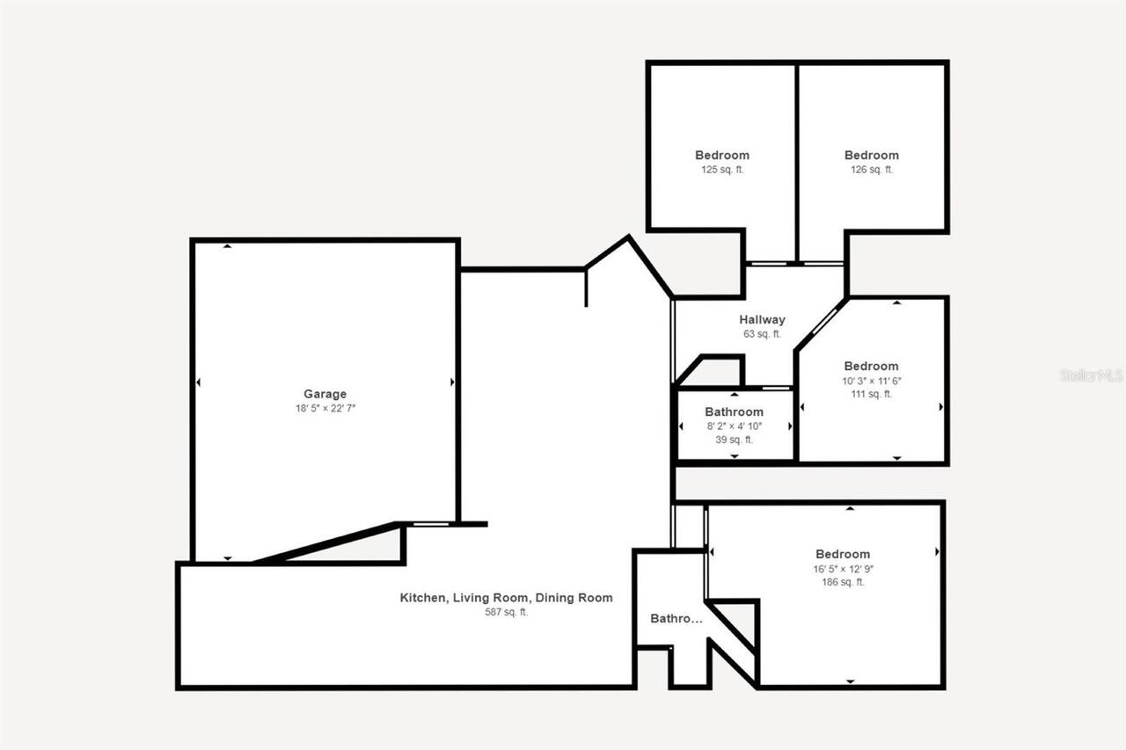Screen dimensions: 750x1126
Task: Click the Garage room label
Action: (x=325, y=394)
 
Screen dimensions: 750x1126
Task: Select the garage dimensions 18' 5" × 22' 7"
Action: (x=325, y=408)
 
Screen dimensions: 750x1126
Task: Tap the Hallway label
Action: (x=762, y=320)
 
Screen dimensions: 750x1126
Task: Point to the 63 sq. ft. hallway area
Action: (x=762, y=334)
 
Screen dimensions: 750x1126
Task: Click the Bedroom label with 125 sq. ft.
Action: (x=722, y=156)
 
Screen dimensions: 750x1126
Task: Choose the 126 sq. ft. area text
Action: (x=871, y=170)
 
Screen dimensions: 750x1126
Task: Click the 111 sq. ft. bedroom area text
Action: (x=871, y=394)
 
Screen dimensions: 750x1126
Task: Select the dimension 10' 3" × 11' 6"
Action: (x=871, y=381)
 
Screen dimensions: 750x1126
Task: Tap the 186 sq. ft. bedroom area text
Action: (x=843, y=581)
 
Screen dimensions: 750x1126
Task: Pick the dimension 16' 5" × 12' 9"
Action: (x=843, y=568)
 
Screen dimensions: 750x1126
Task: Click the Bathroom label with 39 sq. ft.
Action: (x=734, y=411)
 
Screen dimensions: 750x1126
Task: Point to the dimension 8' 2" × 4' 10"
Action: (x=734, y=426)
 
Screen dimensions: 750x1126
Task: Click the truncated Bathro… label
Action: (x=676, y=619)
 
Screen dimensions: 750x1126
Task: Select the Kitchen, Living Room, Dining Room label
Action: (x=506, y=598)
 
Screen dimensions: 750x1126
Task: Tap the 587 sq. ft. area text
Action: (x=506, y=612)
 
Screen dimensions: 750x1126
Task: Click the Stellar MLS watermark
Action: (x=1092, y=375)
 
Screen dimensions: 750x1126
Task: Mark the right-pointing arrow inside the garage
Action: (x=452, y=382)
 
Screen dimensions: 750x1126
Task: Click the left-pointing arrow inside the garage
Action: (x=198, y=382)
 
